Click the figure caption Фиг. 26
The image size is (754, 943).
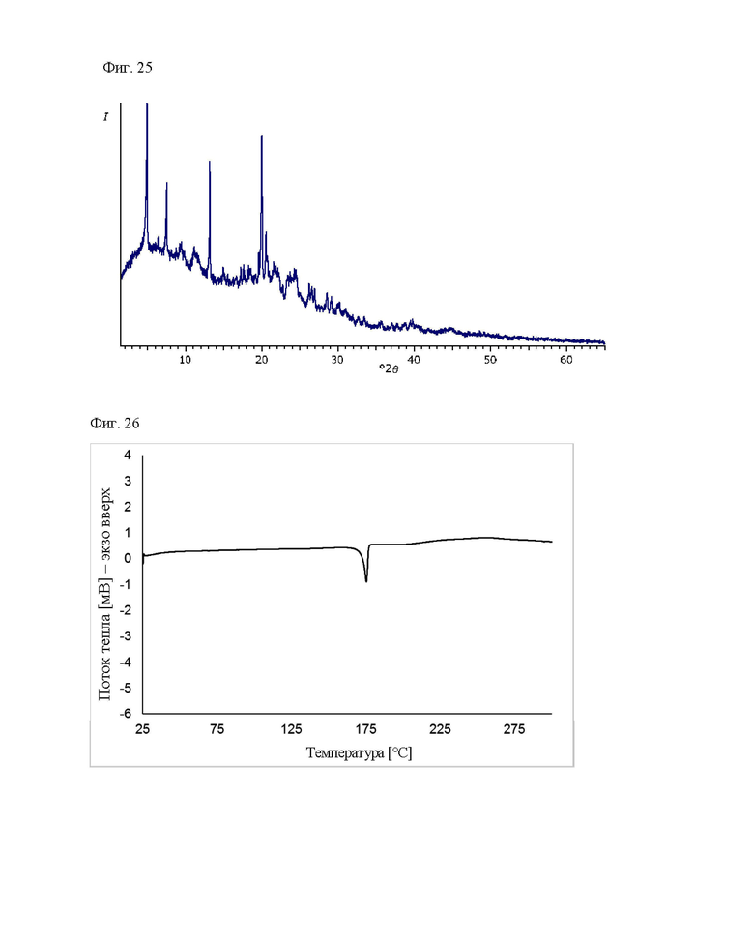click(x=115, y=422)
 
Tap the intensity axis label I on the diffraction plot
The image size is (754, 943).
click(x=105, y=117)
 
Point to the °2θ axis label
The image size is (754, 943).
click(x=387, y=368)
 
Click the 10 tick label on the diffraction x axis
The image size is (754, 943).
click(x=185, y=360)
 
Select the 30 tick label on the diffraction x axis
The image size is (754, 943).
click(x=337, y=360)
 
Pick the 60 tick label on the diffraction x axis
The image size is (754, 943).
click(x=566, y=360)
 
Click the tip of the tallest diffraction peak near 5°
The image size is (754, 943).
click(x=146, y=103)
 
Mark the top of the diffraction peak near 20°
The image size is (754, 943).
click(x=261, y=136)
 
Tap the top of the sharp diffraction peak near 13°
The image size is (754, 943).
click(x=210, y=162)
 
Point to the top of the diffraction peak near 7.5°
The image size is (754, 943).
click(x=166, y=183)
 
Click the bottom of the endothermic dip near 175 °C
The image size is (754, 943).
click(x=366, y=580)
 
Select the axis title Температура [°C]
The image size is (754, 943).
click(x=359, y=752)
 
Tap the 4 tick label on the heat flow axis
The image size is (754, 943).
click(x=128, y=455)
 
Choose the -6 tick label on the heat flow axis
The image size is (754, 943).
click(x=125, y=714)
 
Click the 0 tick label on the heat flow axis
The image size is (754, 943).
click(x=128, y=558)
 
